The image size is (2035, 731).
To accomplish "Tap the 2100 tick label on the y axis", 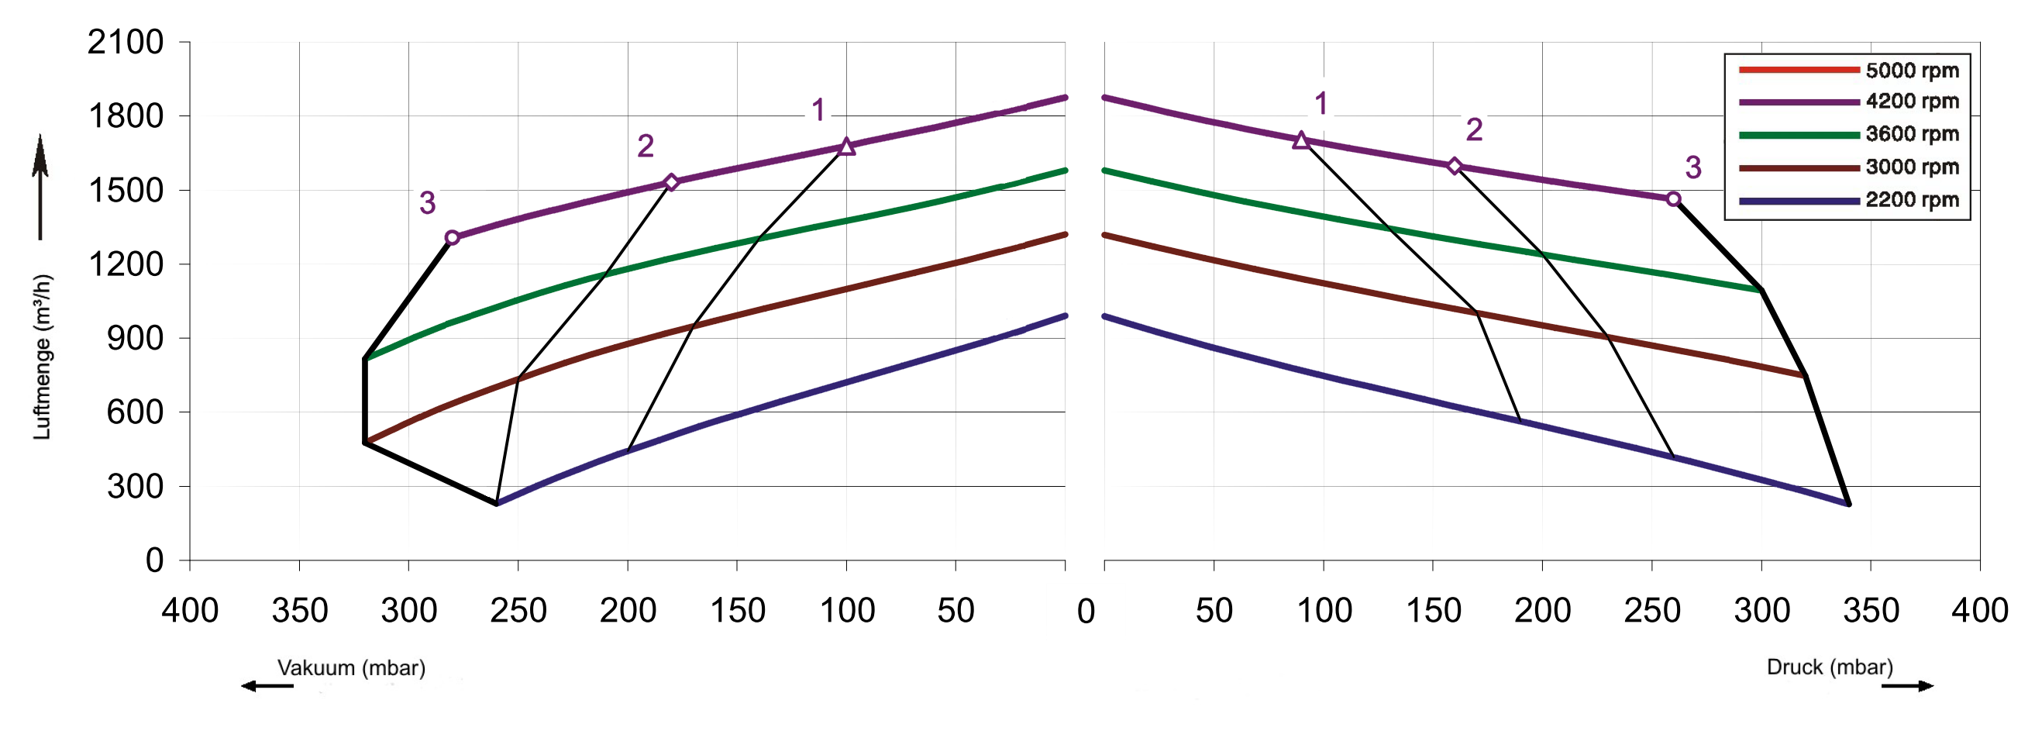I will point(126,42).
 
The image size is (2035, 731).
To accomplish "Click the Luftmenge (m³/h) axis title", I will point(42,357).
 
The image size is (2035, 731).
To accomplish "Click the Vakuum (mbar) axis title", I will point(351,667).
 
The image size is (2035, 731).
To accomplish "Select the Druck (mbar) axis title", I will point(1830,667).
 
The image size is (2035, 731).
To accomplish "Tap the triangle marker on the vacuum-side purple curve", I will point(846,147).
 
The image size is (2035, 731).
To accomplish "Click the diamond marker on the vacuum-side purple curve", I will point(671,182).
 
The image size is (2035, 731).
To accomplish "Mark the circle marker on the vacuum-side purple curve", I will point(452,238).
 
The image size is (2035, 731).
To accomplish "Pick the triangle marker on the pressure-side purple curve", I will point(1301,141).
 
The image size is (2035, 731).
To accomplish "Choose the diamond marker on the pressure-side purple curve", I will point(1455,166).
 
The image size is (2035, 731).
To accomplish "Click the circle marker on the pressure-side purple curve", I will point(1673,199).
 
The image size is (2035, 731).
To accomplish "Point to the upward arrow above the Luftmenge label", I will point(40,186).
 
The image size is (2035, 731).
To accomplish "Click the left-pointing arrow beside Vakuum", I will point(267,686).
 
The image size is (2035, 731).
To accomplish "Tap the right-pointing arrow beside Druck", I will point(1907,686).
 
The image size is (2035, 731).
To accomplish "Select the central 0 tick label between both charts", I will point(1086,611).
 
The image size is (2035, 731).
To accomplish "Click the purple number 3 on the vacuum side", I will point(428,203).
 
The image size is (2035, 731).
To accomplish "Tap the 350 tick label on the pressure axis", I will point(1871,611).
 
